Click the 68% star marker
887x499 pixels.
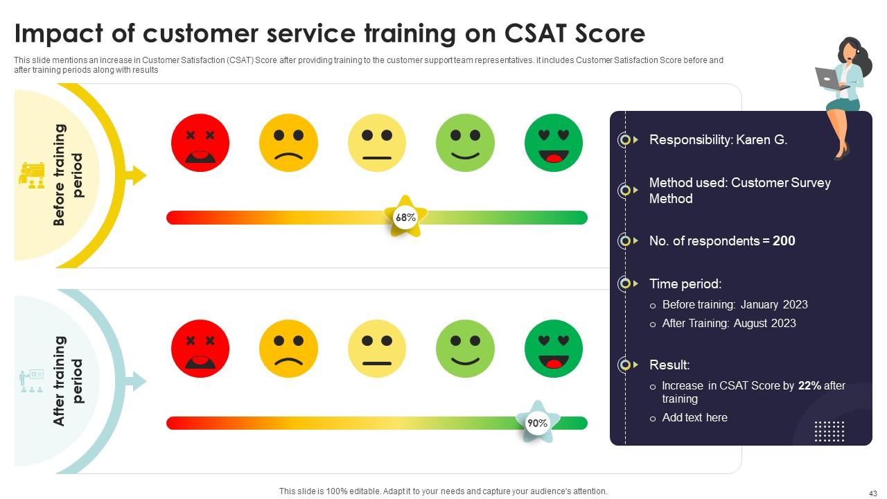pyautogui.click(x=405, y=217)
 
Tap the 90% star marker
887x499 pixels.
pyautogui.click(x=537, y=423)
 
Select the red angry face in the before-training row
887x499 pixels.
pyautogui.click(x=200, y=143)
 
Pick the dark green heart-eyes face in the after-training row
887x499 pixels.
pyautogui.click(x=554, y=349)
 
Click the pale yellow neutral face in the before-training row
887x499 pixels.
pyautogui.click(x=377, y=143)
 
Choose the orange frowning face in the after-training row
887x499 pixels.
pyautogui.click(x=288, y=349)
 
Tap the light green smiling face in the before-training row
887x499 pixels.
pyautogui.click(x=465, y=143)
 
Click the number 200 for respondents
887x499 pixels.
pyautogui.click(x=784, y=241)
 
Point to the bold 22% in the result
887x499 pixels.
pyautogui.click(x=809, y=386)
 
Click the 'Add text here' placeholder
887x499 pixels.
pyautogui.click(x=694, y=418)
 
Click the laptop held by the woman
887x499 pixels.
pyautogui.click(x=827, y=78)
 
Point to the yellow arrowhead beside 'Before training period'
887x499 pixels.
pyautogui.click(x=139, y=175)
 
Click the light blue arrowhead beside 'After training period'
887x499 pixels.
pyautogui.click(x=139, y=380)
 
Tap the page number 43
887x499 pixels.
pyautogui.click(x=872, y=493)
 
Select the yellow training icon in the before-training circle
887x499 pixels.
pyautogui.click(x=31, y=175)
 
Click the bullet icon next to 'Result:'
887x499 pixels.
pyautogui.click(x=626, y=365)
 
